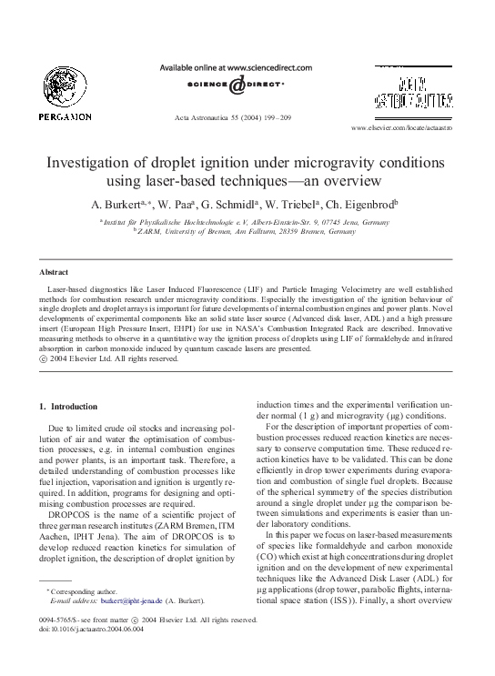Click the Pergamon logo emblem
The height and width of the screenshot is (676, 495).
64,85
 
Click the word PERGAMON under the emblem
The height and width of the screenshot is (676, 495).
65,116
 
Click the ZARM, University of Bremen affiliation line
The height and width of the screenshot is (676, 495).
247,232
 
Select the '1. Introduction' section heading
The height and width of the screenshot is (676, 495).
69,405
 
